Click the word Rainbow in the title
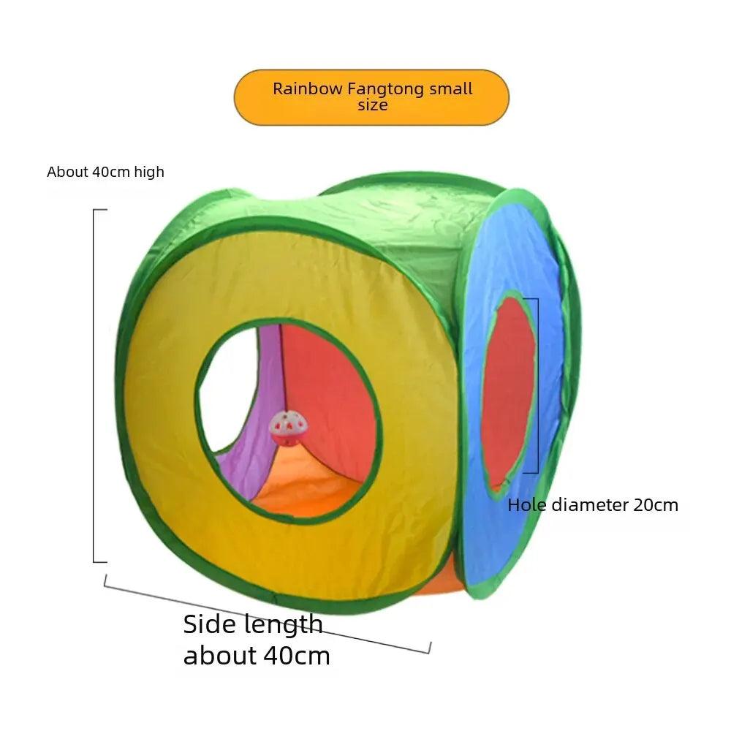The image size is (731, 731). click(307, 89)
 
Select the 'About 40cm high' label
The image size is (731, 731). click(105, 173)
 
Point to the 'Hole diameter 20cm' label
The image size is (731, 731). click(593, 504)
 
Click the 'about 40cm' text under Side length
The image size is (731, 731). click(257, 655)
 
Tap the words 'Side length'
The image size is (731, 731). click(253, 624)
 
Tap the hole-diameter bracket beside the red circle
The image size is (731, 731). click(538, 386)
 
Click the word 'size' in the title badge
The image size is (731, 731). click(372, 105)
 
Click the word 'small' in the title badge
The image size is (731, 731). click(451, 89)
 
